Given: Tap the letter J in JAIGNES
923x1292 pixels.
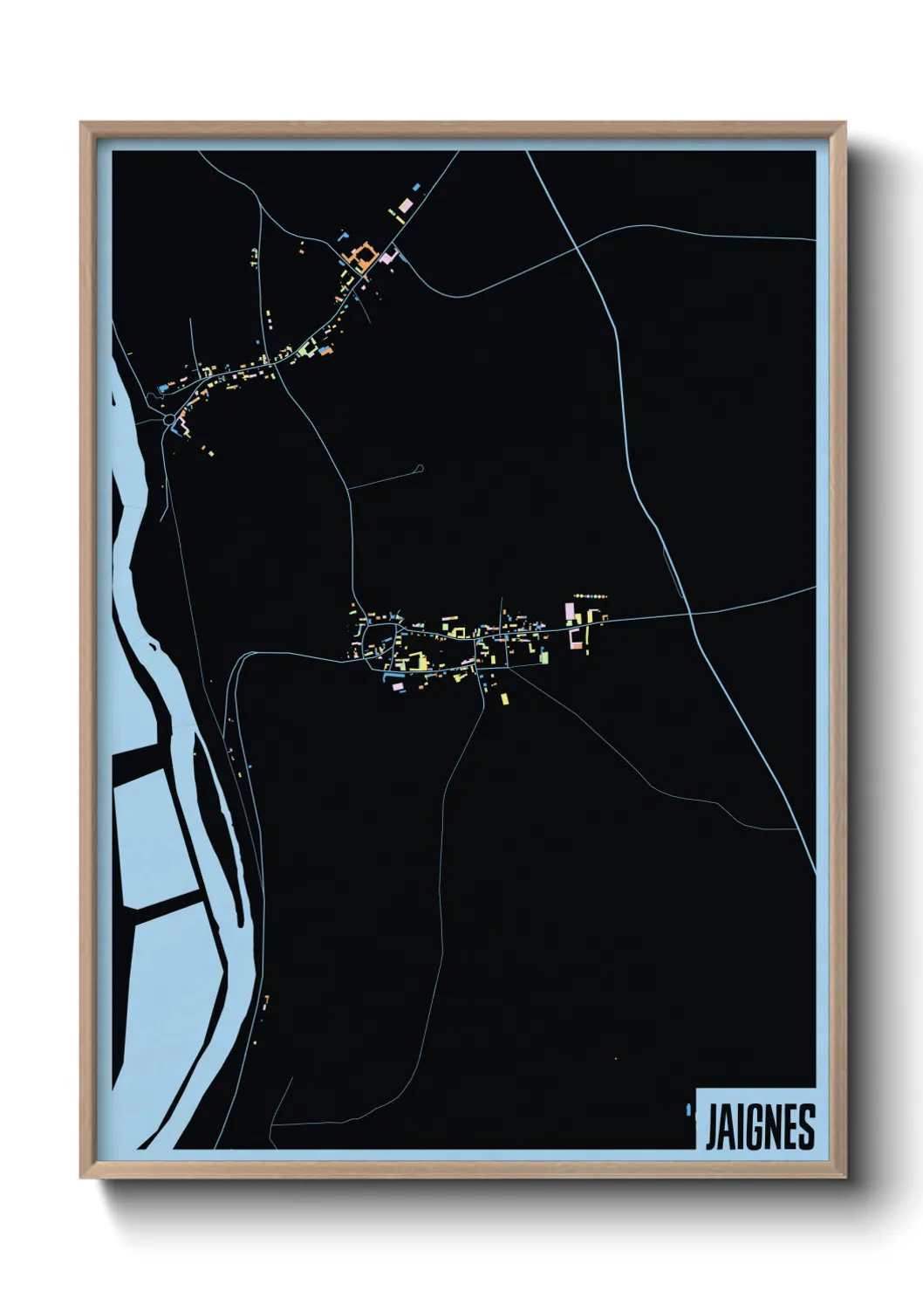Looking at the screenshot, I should [x=710, y=1127].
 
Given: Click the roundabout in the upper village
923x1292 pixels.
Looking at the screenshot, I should [x=168, y=421].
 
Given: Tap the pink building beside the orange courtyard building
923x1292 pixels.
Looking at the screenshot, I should [x=387, y=256].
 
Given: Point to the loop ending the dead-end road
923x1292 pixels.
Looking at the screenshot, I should [x=421, y=469].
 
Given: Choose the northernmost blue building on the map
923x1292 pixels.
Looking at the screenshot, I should [x=416, y=186].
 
